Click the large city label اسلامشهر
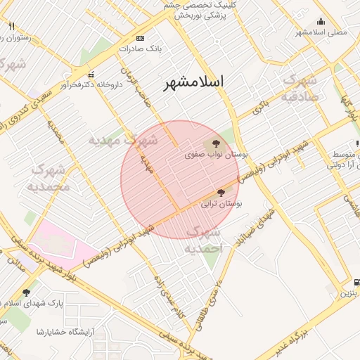(x=193, y=82)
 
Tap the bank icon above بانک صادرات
(x=140, y=38)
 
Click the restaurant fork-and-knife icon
(x=11, y=25)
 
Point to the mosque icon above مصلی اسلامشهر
(x=321, y=21)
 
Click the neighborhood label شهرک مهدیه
(x=123, y=141)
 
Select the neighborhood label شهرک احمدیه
(x=204, y=240)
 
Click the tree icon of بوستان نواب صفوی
(x=215, y=143)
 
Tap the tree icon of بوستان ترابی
(x=221, y=192)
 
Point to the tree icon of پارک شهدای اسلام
(x=27, y=292)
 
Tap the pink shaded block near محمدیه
(x=63, y=243)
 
